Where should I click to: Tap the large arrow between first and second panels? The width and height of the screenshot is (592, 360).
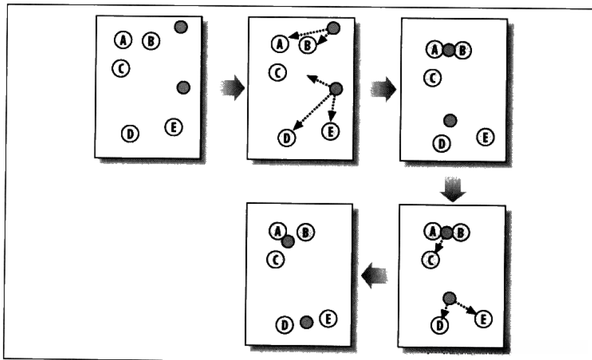[233, 88]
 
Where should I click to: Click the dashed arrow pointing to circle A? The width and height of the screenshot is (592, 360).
[309, 34]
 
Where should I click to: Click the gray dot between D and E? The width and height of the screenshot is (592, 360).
[306, 323]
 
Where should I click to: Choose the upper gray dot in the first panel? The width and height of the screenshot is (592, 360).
[180, 27]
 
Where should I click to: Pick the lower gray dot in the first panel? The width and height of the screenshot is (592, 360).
[183, 88]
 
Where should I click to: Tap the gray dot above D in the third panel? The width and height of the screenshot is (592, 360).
[450, 121]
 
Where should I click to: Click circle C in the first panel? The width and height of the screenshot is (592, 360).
[121, 68]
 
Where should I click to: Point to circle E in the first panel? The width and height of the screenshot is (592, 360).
[174, 127]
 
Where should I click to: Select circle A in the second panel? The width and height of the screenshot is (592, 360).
[279, 43]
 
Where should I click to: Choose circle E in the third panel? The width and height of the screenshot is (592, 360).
[485, 137]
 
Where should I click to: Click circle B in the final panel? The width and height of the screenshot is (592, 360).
[306, 232]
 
